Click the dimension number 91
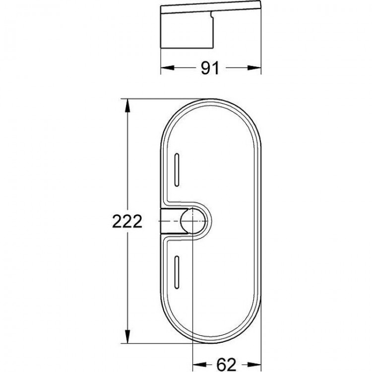click(210, 68)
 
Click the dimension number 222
click(127, 221)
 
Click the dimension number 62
click(227, 364)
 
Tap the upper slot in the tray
click(177, 170)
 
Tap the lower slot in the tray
click(177, 272)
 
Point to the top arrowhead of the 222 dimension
click(127, 106)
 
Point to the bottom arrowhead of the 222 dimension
click(127, 336)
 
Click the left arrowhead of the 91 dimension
click(168, 68)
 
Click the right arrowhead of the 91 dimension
click(254, 68)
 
